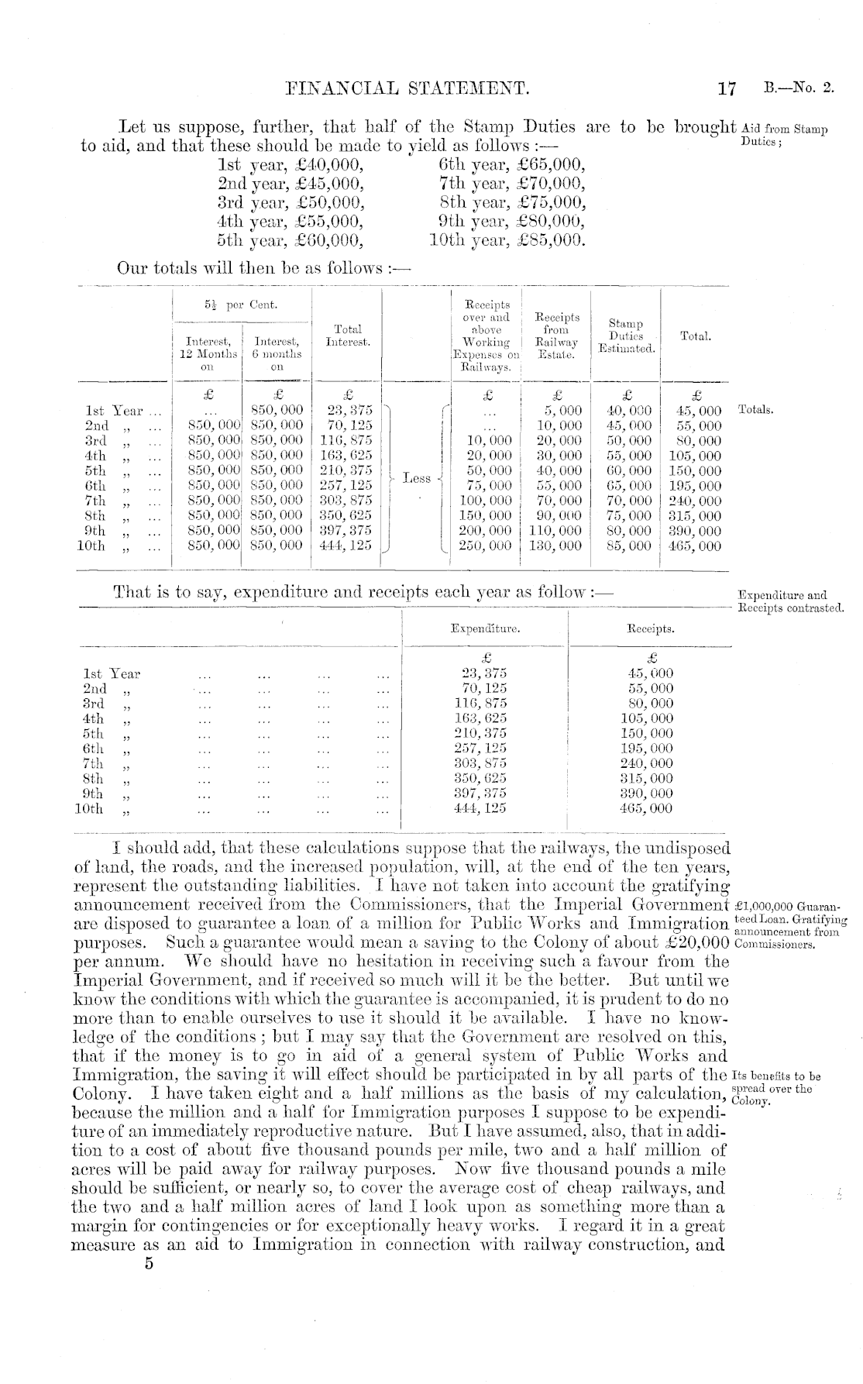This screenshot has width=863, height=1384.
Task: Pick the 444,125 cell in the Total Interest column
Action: click(x=346, y=546)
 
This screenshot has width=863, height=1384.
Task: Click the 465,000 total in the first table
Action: click(x=695, y=546)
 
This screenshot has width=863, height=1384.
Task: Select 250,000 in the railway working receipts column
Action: click(x=488, y=546)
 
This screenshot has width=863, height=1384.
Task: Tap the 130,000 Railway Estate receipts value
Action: click(x=555, y=546)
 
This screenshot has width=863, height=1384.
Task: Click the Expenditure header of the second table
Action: click(x=485, y=628)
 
